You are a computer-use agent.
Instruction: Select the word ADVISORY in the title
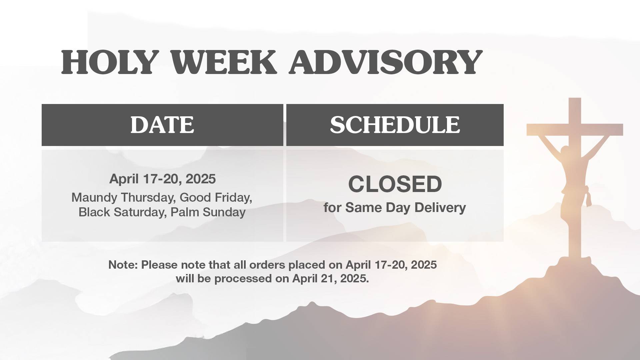coord(386,62)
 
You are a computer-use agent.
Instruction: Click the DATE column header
coord(162,125)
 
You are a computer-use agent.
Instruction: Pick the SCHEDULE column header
coord(395,125)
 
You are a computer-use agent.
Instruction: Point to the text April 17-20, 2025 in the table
coord(162,179)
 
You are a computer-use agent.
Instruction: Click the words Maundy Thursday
coord(122,197)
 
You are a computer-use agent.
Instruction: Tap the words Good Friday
coord(216,197)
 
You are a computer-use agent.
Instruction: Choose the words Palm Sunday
coord(208,212)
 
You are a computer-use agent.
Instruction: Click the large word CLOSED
coord(395,184)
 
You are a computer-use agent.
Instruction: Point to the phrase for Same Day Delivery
coord(395,208)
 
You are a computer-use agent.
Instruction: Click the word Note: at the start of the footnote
coord(123,265)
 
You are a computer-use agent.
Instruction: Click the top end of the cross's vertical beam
coord(575,98)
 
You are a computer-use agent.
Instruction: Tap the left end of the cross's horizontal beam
coord(528,130)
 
